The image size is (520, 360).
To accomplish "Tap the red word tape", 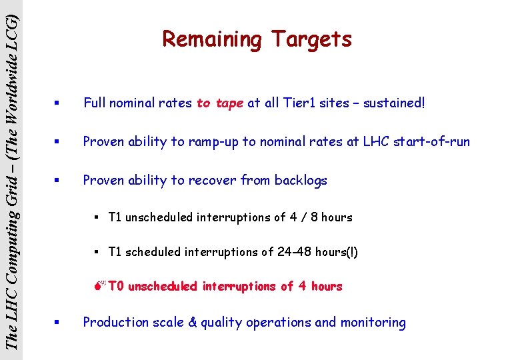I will (229, 103).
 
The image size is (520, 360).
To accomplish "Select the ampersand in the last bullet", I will (193, 323).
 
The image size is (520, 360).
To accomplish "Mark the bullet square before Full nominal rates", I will (59, 103).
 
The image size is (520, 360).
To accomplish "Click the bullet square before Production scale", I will (59, 323).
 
